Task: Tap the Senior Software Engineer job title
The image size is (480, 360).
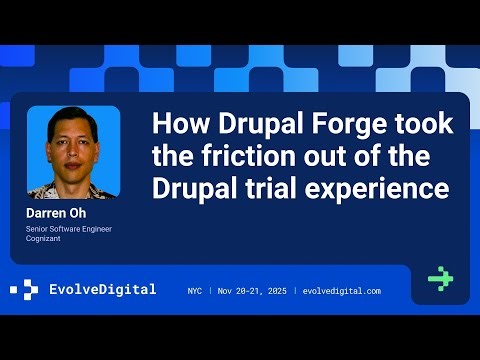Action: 69,229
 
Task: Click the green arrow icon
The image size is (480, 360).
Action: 440,279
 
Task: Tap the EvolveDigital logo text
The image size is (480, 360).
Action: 103,290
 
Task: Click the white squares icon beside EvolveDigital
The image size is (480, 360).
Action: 24,290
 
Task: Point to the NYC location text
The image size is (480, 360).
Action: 196,291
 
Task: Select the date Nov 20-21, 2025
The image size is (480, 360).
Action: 260,291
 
